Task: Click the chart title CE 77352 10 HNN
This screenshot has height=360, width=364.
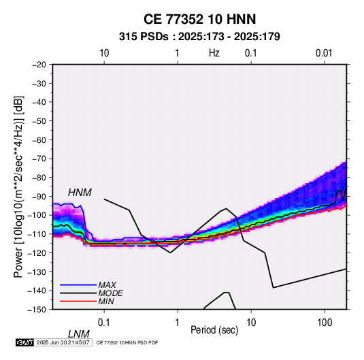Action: tap(199, 19)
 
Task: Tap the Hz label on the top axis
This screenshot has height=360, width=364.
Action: tap(214, 53)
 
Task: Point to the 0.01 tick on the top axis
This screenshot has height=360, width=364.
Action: tap(324, 53)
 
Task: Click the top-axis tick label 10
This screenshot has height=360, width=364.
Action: tap(104, 53)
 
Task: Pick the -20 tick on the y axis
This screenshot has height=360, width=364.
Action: tap(39, 65)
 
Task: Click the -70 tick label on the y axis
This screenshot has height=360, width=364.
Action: tap(39, 159)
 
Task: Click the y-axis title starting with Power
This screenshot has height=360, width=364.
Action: tap(18, 187)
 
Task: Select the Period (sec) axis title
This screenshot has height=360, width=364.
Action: tap(214, 330)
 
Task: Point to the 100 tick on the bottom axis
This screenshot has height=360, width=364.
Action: tap(325, 323)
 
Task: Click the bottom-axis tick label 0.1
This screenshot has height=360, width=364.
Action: tap(103, 323)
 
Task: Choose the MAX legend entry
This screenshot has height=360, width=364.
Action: tap(107, 285)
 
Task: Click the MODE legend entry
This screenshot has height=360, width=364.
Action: tap(110, 293)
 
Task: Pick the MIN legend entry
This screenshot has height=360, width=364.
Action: tap(106, 301)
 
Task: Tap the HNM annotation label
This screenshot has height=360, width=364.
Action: tap(80, 193)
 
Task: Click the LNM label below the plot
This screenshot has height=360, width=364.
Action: tap(79, 334)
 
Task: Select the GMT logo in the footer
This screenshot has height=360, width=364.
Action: tap(24, 342)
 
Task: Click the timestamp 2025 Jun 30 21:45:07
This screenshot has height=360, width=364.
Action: tap(63, 342)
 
